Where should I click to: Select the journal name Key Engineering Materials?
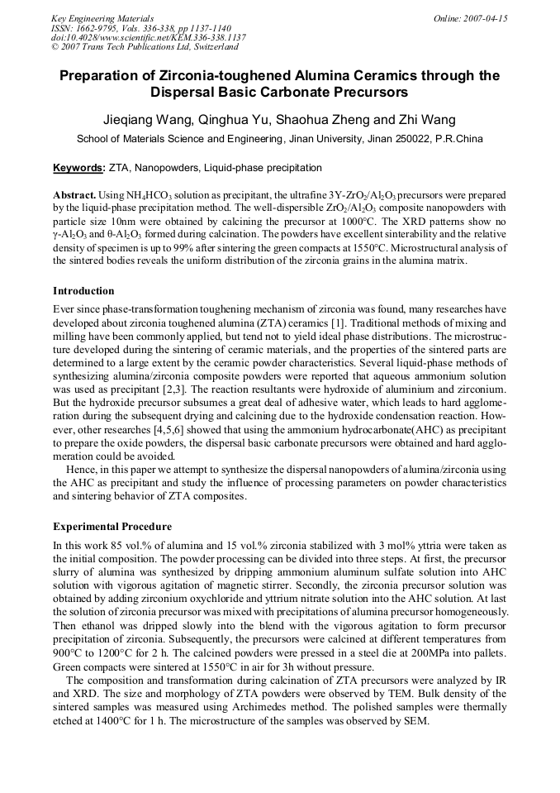point(102,18)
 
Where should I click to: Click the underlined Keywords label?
point(78,168)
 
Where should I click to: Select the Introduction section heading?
point(83,291)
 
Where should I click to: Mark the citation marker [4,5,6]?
point(159,431)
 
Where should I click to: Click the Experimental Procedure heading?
point(112,527)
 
